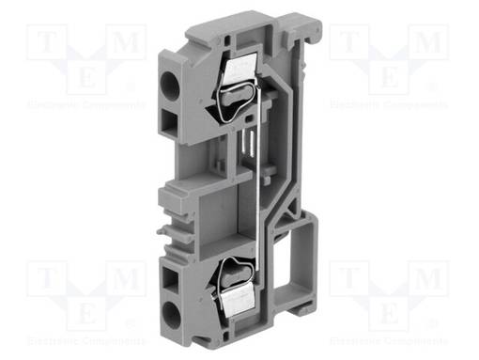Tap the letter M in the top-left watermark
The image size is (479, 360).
tap(124, 42)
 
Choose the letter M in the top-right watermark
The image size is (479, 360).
tap(430, 42)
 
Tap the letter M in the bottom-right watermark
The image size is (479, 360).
tap(430, 277)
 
